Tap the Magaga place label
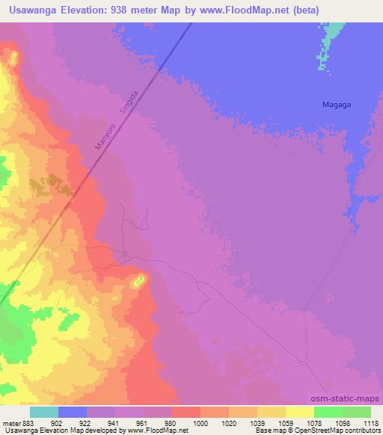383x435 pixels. (336, 105)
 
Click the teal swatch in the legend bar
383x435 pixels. (44, 412)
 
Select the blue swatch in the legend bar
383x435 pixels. (73, 412)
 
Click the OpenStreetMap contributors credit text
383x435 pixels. (344, 431)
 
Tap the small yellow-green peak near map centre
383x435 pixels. (138, 282)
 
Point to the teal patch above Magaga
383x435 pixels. (330, 41)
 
